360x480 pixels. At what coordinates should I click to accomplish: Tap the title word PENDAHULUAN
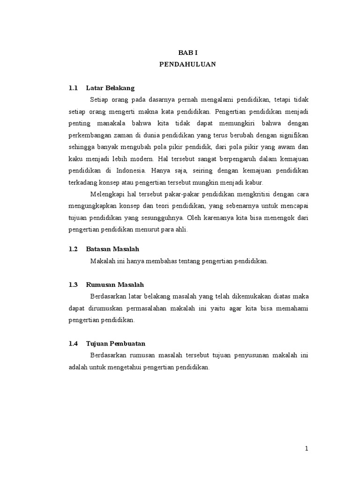pos(187,65)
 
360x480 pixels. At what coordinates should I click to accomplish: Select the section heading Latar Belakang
pos(110,88)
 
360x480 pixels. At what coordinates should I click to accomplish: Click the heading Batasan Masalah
pos(112,249)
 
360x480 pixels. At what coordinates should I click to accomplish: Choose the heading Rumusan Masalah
pos(115,285)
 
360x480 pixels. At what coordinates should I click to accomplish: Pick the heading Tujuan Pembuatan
pos(116,344)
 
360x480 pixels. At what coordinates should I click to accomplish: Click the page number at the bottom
pos(306,449)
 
